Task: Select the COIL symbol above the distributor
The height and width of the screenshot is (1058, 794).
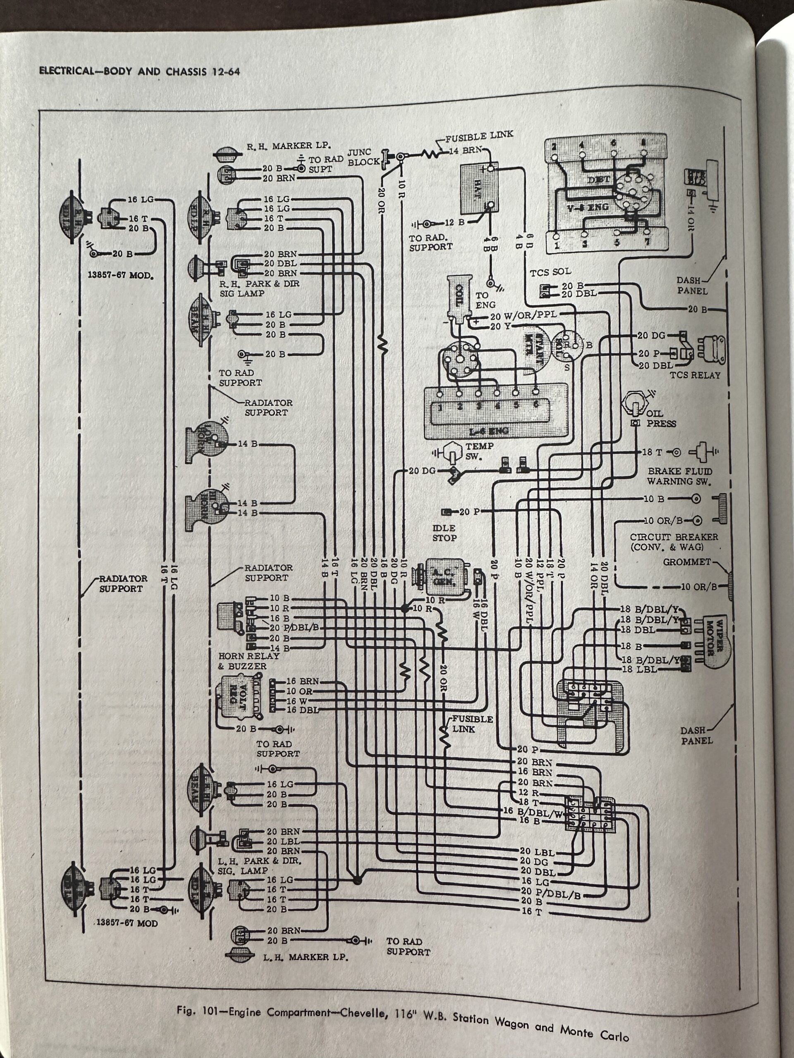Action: tap(459, 297)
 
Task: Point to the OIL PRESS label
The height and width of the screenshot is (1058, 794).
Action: tap(661, 419)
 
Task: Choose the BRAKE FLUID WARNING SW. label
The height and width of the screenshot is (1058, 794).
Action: tap(679, 477)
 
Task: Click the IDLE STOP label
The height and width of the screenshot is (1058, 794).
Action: tap(444, 533)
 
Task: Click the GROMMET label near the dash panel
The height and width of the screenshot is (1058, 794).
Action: tap(687, 562)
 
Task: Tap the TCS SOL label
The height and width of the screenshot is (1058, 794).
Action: tap(550, 272)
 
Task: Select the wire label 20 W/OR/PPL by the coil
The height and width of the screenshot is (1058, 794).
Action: tap(523, 317)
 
